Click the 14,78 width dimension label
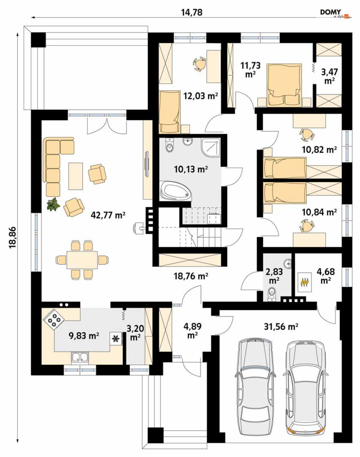pyautogui.click(x=192, y=12)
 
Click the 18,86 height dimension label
pyautogui.click(x=12, y=237)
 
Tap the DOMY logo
pyautogui.click(x=334, y=14)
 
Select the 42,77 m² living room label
pyautogui.click(x=108, y=215)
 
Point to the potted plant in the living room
pyautogui.click(x=53, y=204)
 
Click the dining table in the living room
pyautogui.click(x=82, y=260)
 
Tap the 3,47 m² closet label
pyautogui.click(x=330, y=76)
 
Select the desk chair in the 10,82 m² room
pyautogui.click(x=306, y=134)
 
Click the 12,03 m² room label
pyautogui.click(x=200, y=96)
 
